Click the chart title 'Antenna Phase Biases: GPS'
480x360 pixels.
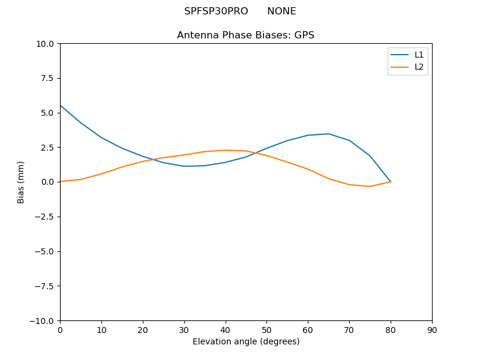[245, 35]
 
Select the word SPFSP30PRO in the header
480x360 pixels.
[216, 11]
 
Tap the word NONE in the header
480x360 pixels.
[281, 11]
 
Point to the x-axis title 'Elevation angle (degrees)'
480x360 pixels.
[246, 342]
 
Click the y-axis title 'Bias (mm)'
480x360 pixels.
[21, 182]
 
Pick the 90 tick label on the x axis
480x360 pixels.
[432, 330]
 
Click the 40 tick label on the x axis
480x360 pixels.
[225, 330]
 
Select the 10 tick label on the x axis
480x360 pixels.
[101, 330]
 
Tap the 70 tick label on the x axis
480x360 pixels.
[349, 330]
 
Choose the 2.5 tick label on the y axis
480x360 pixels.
[47, 148]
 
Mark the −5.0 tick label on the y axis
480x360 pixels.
[44, 251]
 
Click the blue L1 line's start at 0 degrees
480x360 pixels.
[61, 106]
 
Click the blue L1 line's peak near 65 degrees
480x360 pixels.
[328, 134]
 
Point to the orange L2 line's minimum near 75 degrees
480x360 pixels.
[370, 187]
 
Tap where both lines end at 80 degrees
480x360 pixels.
[391, 182]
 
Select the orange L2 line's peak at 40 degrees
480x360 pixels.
[225, 150]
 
